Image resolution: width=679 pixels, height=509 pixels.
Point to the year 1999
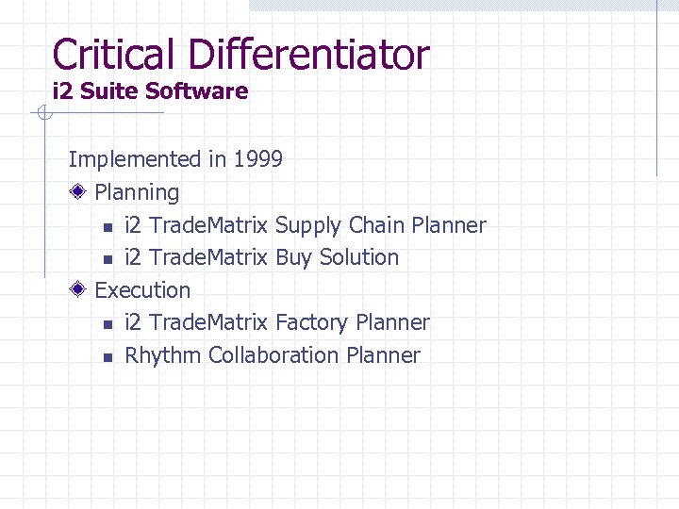click(257, 159)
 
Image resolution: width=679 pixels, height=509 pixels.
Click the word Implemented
click(135, 159)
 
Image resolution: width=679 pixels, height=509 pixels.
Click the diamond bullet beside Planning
click(81, 192)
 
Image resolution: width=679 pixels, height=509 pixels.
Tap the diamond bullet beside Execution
click(81, 290)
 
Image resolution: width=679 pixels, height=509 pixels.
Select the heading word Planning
click(138, 193)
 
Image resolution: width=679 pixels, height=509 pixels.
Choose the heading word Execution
click(143, 290)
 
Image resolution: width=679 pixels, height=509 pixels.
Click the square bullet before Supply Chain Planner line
click(108, 227)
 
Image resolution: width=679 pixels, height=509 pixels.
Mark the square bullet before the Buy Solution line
click(108, 259)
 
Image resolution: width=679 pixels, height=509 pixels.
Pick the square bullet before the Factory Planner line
click(108, 324)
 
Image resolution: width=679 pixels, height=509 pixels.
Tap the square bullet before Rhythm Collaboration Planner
click(108, 357)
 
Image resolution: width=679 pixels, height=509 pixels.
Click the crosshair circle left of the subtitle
click(42, 115)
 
